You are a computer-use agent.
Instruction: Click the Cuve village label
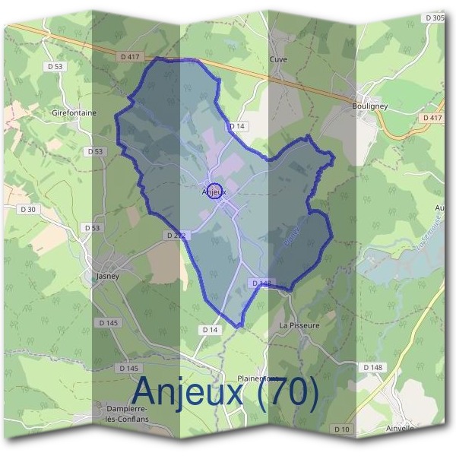tap(279, 59)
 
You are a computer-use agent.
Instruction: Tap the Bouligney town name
tap(370, 107)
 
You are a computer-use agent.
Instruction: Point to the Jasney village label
tap(107, 276)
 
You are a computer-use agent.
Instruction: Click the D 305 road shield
tap(435, 17)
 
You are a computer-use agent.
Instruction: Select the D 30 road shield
tap(28, 208)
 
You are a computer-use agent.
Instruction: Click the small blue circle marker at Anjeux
tap(214, 191)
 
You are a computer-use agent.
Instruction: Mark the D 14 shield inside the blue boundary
tap(237, 125)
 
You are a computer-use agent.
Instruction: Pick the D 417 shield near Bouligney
tap(432, 118)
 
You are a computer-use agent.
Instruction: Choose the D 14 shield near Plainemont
tap(210, 329)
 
